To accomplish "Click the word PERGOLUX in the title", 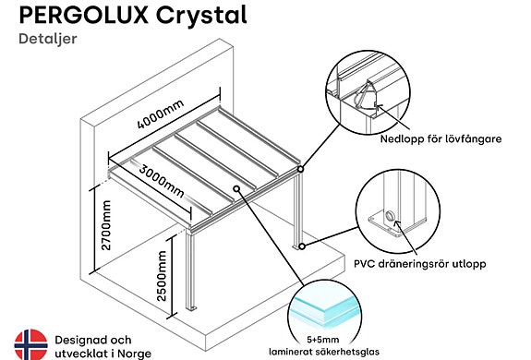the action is [x=84, y=15].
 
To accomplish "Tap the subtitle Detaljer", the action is [x=48, y=39].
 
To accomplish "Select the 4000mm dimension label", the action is [x=161, y=114].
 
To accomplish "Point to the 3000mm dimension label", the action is [x=162, y=181].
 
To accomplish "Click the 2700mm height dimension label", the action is [x=106, y=225].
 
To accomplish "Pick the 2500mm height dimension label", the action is [x=162, y=276].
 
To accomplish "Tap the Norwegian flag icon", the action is [x=30, y=344].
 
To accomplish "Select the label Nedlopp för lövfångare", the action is [x=440, y=138].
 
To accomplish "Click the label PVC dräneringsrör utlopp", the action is [x=420, y=264].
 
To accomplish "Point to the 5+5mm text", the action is [x=322, y=340].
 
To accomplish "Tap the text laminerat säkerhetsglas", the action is [x=324, y=352].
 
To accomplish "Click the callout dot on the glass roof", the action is [x=236, y=188].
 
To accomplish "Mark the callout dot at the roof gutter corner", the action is [x=300, y=169].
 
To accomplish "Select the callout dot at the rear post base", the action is [x=302, y=246].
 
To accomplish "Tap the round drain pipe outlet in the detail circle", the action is [x=389, y=215].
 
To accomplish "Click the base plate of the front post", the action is [x=192, y=308].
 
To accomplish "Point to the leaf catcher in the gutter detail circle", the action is [x=364, y=96].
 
